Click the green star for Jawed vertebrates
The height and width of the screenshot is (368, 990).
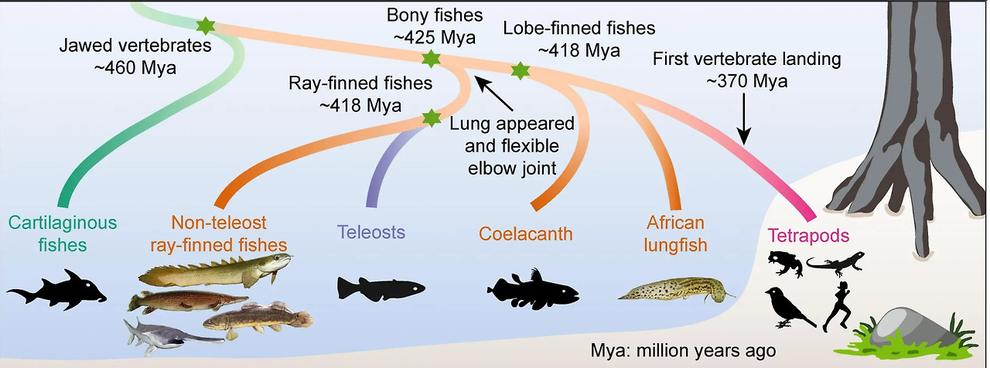[x=205, y=26]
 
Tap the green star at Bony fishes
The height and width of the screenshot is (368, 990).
[x=430, y=58]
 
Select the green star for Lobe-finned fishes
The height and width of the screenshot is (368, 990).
[x=521, y=71]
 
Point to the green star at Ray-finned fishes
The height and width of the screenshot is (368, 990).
[x=430, y=118]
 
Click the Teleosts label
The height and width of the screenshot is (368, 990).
[x=371, y=231]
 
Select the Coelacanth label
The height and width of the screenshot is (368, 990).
[x=526, y=232]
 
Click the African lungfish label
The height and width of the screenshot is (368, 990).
[x=675, y=233]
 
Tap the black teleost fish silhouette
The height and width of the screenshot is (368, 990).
[x=381, y=288]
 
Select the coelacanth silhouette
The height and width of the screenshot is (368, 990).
[x=534, y=291]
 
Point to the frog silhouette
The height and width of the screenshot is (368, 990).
[x=784, y=264]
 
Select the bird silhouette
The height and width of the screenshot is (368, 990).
[x=787, y=306]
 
